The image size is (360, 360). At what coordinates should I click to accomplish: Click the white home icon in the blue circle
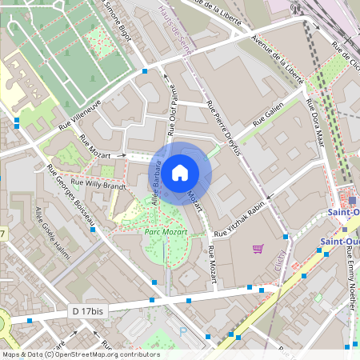180,171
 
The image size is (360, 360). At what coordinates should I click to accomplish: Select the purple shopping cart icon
258,249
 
